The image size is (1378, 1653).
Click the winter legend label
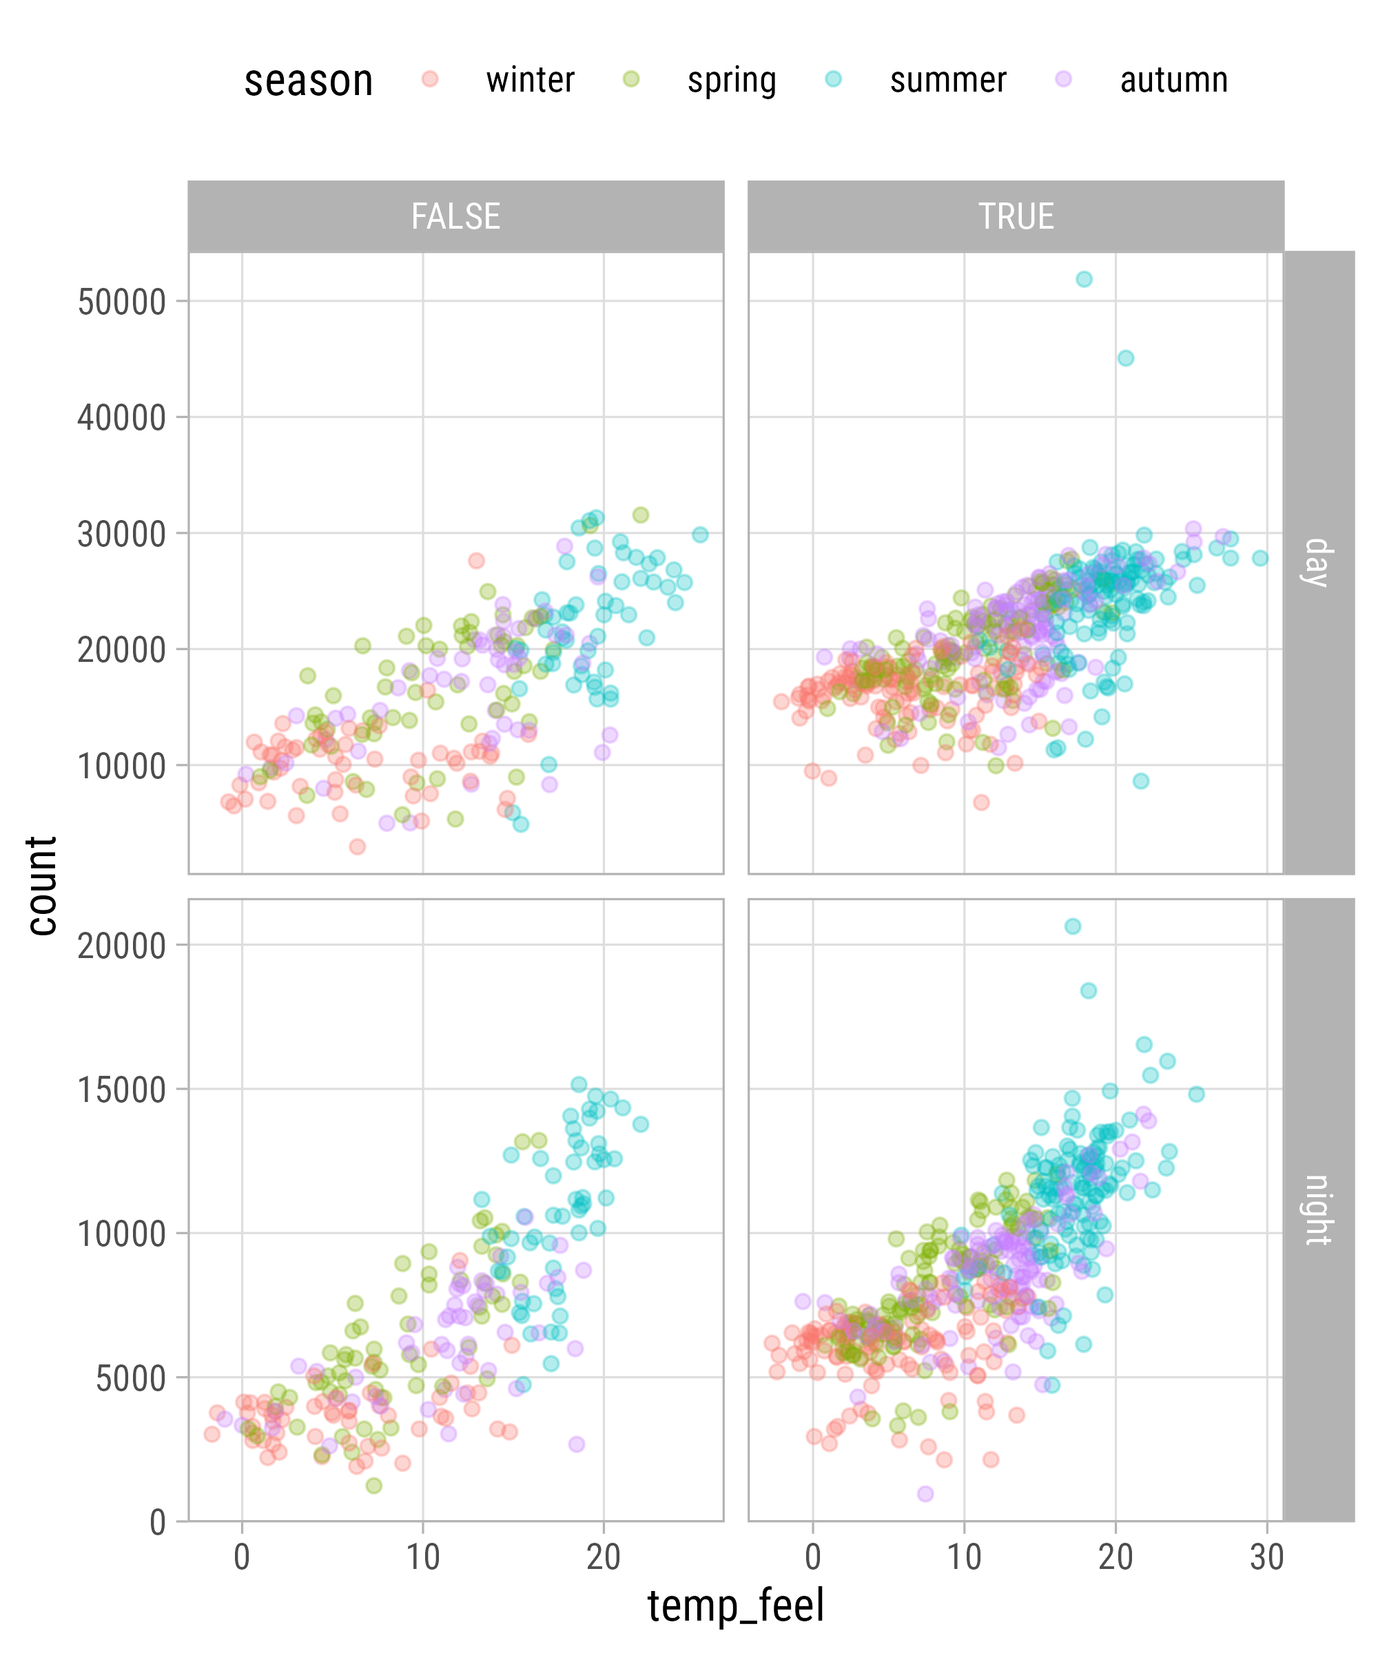[x=530, y=81]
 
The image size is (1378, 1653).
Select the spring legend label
[x=732, y=81]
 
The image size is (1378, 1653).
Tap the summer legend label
[x=948, y=81]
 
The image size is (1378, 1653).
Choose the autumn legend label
[x=1173, y=81]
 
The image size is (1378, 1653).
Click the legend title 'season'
[x=309, y=81]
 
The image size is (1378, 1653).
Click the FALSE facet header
[x=456, y=216]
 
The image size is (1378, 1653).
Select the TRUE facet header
[x=1016, y=216]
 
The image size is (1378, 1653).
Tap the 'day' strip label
[x=1318, y=563]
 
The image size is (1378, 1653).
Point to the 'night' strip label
[x=1318, y=1210]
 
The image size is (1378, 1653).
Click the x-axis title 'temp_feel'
[x=735, y=1605]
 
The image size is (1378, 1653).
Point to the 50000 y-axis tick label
[x=122, y=302]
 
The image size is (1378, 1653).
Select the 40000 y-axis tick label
[x=122, y=418]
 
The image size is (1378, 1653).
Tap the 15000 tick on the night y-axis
[x=122, y=1090]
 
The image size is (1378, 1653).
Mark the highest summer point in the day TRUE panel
[x=1084, y=279]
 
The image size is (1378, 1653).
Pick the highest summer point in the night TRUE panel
[x=1073, y=926]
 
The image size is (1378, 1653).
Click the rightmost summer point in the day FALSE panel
[x=700, y=534]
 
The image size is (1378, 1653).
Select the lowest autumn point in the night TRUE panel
[x=925, y=1494]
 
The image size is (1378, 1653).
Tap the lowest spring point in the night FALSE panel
[x=374, y=1486]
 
